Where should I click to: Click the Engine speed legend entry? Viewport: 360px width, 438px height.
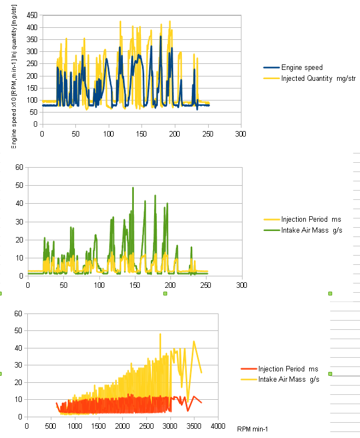pos(302,68)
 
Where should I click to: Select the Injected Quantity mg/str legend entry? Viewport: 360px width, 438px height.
pos(318,79)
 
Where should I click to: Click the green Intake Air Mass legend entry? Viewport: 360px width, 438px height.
pos(311,230)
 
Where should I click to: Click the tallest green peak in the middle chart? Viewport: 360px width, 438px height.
pos(133,188)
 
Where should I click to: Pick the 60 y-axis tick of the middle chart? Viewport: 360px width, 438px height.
pos(18,167)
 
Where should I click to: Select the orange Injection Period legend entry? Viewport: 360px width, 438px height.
pos(288,369)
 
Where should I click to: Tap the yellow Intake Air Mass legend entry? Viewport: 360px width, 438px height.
pos(288,379)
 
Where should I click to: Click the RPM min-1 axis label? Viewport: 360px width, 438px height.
pos(252,429)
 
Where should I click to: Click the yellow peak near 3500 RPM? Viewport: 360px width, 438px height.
pos(194,342)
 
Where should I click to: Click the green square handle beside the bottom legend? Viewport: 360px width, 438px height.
pos(330,374)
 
